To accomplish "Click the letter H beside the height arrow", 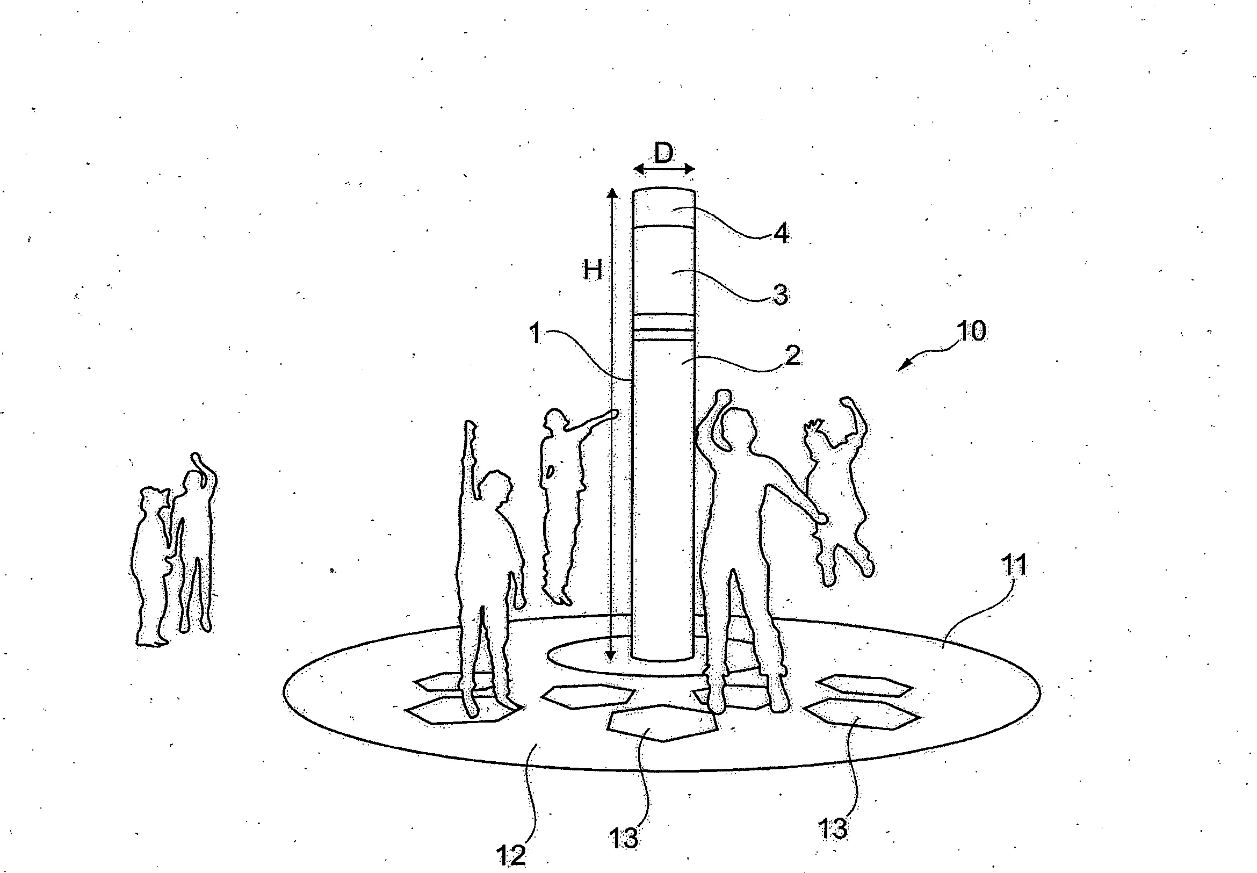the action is pyautogui.click(x=593, y=270).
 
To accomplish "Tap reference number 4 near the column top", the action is pyautogui.click(x=781, y=234).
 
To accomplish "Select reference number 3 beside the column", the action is pyautogui.click(x=780, y=295).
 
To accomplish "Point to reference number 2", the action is pyautogui.click(x=792, y=356).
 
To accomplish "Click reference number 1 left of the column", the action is pyautogui.click(x=536, y=334).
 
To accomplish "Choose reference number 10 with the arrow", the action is pyautogui.click(x=971, y=331).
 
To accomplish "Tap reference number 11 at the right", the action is pyautogui.click(x=1014, y=565).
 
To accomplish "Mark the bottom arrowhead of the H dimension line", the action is pyautogui.click(x=611, y=656).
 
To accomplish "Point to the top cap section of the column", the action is pyautogui.click(x=664, y=208).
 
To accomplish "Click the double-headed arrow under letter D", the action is pyautogui.click(x=664, y=170).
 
